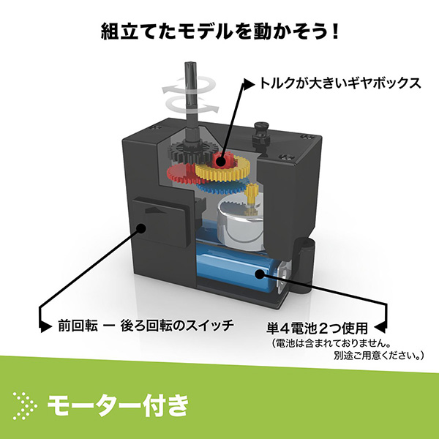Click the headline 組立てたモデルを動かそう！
219,32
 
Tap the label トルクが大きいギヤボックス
341,83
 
